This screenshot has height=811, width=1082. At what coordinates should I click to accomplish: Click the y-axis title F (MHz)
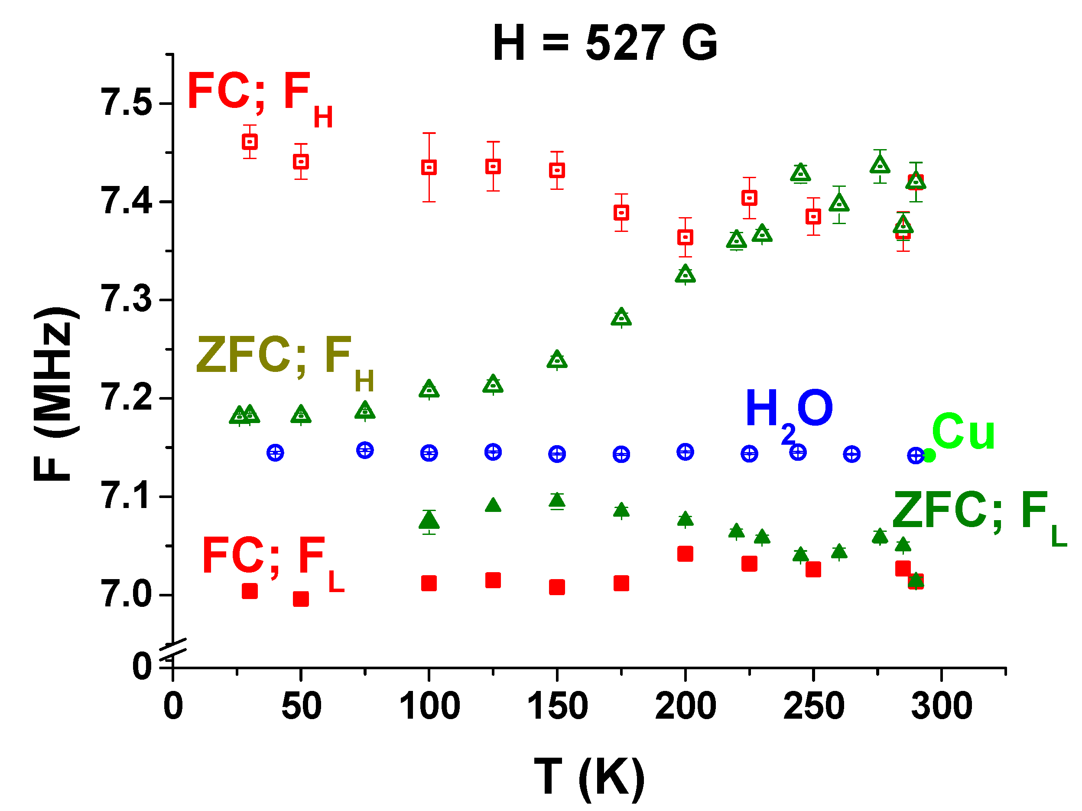click(55, 394)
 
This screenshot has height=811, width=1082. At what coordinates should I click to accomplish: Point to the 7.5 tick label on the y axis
click(126, 102)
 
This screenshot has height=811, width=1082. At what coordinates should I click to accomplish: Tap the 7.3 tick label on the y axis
click(126, 299)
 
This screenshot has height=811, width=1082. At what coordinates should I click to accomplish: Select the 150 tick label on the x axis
click(557, 706)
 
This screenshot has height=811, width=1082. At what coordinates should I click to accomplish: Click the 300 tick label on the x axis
click(942, 706)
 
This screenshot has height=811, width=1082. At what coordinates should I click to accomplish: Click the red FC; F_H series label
click(259, 95)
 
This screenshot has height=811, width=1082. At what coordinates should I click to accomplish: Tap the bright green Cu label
click(963, 431)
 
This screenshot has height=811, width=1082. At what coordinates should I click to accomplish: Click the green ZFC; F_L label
click(978, 515)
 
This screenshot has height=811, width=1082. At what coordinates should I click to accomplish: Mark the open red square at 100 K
click(429, 167)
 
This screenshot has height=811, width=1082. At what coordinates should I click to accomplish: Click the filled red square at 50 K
click(301, 599)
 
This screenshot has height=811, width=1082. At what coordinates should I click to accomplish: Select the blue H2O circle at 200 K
click(686, 452)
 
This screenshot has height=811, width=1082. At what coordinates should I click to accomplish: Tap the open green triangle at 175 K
click(621, 318)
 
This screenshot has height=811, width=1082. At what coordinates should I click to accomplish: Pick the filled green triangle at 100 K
click(429, 520)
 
